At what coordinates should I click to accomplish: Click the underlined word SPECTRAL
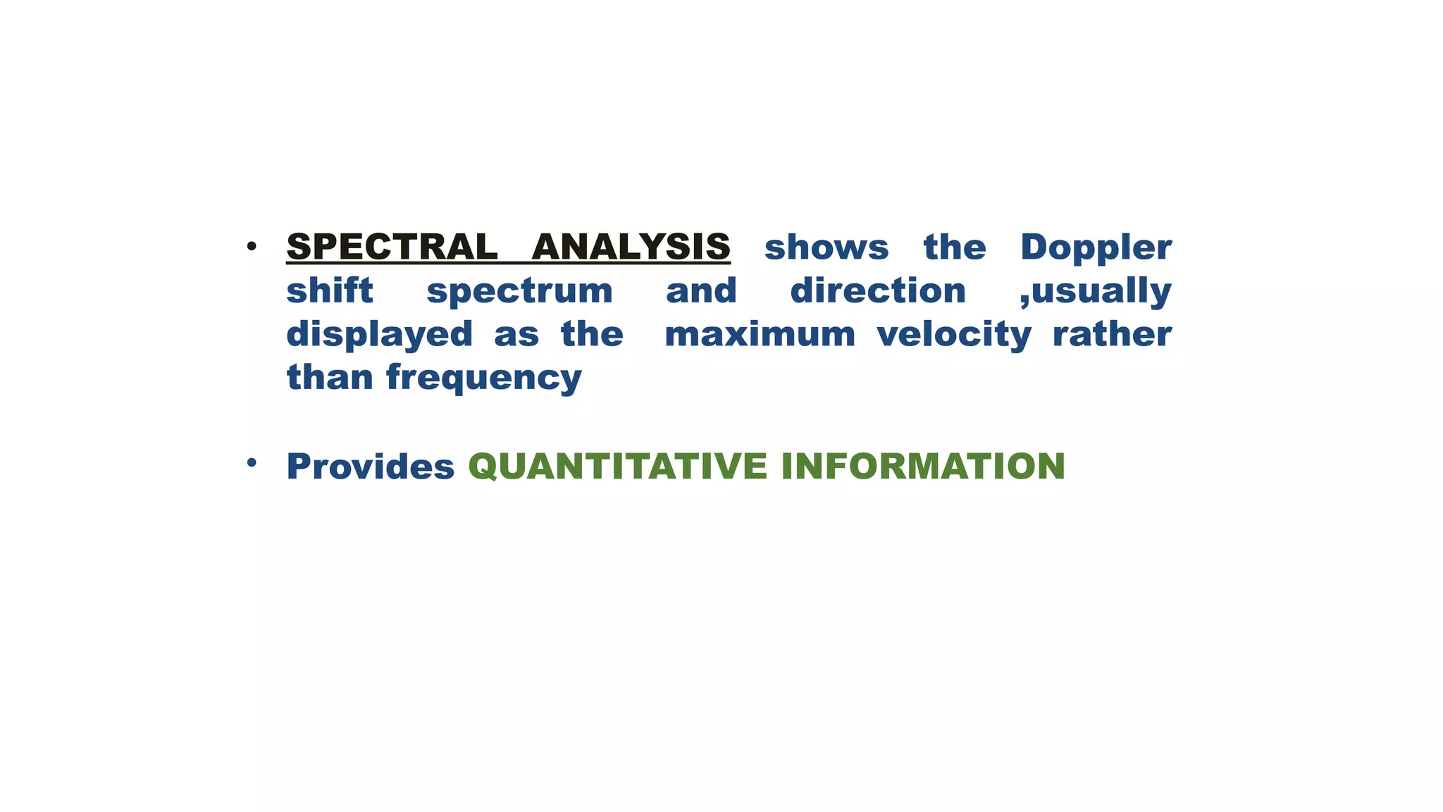[x=392, y=247]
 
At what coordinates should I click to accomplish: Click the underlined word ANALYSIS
[x=631, y=247]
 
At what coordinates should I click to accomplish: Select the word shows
[x=826, y=247]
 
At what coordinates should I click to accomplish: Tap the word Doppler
[x=1096, y=247]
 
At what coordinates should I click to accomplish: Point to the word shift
[x=329, y=290]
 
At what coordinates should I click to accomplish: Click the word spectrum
[x=519, y=292]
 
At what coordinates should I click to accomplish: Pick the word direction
[x=877, y=290]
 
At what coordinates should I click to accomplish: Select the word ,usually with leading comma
[x=1095, y=292]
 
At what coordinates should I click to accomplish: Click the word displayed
[x=379, y=335]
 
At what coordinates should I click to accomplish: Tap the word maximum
[x=760, y=334]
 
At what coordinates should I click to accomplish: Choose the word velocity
[x=953, y=335]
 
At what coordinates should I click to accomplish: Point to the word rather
[x=1111, y=334]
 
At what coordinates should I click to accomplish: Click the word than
[x=329, y=377]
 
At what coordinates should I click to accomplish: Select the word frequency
[x=483, y=379]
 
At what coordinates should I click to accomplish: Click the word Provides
[x=370, y=467]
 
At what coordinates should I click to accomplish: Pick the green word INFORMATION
[x=922, y=467]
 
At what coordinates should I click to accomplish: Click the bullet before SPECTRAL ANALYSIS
[x=252, y=247]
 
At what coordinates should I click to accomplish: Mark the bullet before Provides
[x=252, y=462]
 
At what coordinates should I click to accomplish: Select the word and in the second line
[x=701, y=290]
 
